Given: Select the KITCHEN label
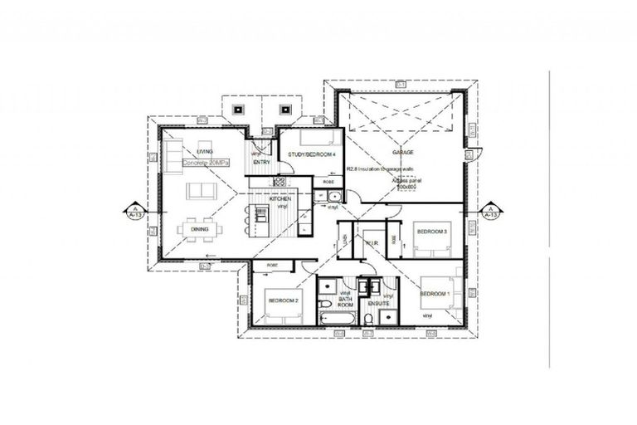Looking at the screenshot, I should click(280, 199).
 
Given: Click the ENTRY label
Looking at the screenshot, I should click(262, 162).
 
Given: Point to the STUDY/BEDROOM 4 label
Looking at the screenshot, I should click(312, 154).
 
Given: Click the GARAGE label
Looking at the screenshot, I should click(402, 153).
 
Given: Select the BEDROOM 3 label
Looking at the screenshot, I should click(432, 231).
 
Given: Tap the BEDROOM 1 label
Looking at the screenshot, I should click(435, 294).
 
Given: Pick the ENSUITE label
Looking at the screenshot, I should click(379, 304).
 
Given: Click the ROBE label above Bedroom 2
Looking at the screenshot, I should click(270, 265).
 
